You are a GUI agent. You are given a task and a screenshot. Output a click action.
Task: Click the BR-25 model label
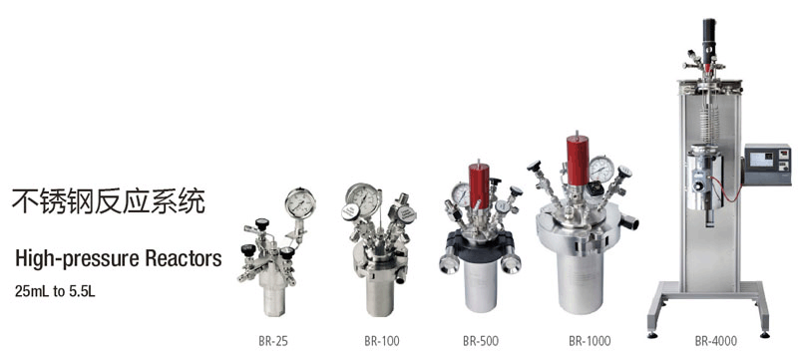pyautogui.click(x=272, y=341)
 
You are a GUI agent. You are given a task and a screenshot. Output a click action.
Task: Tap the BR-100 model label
pyautogui.click(x=382, y=341)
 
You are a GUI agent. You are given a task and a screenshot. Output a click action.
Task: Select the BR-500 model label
pyautogui.click(x=481, y=341)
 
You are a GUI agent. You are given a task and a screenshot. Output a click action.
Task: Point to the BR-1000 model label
pyautogui.click(x=590, y=341)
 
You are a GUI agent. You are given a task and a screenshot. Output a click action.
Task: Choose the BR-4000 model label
pyautogui.click(x=715, y=341)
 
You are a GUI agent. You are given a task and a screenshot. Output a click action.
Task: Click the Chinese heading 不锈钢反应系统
pyautogui.click(x=109, y=200)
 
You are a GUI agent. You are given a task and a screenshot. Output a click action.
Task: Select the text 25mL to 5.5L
pyautogui.click(x=55, y=293)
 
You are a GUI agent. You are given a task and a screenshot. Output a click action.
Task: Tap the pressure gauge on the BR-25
pyautogui.click(x=300, y=203)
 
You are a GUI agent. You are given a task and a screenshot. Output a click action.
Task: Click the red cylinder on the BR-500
pyautogui.click(x=479, y=185)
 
